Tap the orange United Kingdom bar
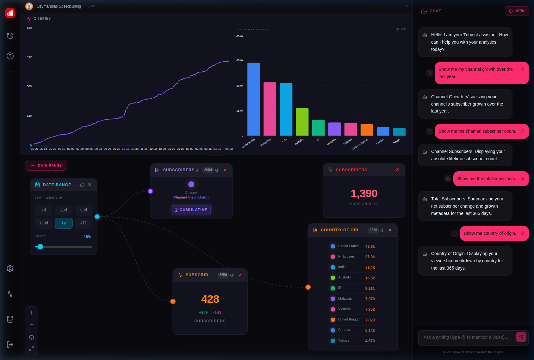click(x=367, y=130)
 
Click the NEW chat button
click(x=517, y=11)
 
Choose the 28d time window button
click(x=64, y=210)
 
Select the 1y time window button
click(x=64, y=223)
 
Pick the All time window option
click(x=84, y=223)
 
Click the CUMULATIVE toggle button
click(x=191, y=210)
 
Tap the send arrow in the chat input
click(x=521, y=337)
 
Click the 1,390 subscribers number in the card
click(x=364, y=193)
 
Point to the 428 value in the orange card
click(x=210, y=299)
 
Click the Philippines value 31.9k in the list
click(x=370, y=257)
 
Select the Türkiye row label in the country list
click(x=344, y=340)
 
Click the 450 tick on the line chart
click(x=29, y=57)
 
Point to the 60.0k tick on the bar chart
click(x=240, y=36)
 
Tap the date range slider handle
click(x=40, y=247)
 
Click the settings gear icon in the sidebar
click(x=10, y=269)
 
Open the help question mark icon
click(x=10, y=56)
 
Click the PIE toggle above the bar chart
click(x=400, y=29)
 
